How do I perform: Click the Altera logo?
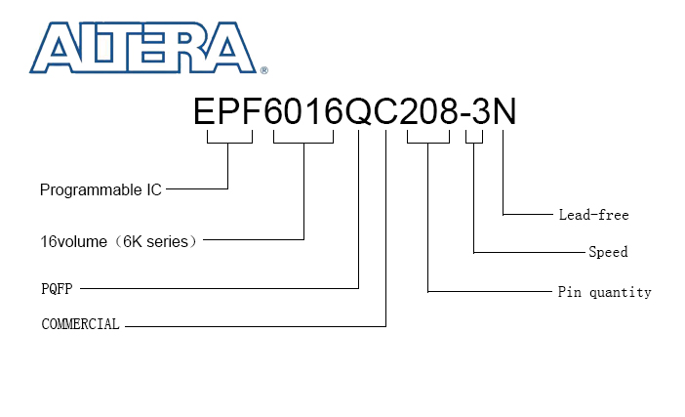point(142,48)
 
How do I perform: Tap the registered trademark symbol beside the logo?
point(263,70)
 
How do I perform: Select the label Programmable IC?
point(101,190)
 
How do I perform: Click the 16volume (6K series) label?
point(118,241)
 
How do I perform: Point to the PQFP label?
point(57,289)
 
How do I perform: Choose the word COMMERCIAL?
point(80,324)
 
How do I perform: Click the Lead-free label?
point(593,215)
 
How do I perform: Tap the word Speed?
point(608,252)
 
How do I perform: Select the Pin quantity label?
point(605,292)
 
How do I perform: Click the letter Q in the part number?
point(358,111)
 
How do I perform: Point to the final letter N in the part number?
point(504,111)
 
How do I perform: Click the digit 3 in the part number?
point(481,111)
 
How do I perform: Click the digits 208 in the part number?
point(429,111)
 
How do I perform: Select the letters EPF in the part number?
point(227,111)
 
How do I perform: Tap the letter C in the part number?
point(385,111)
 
